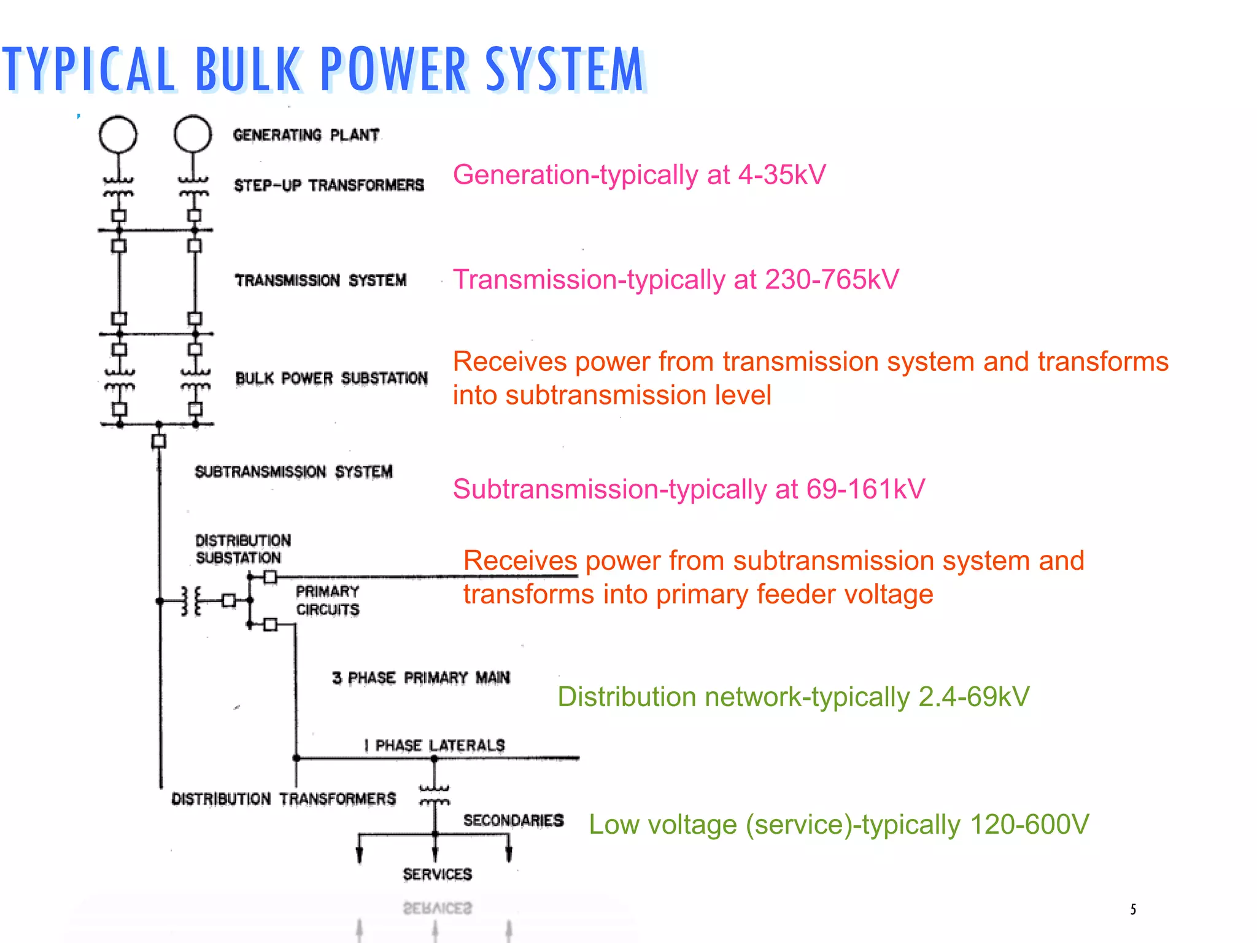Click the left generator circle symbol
pos(118,134)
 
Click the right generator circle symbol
pos(193,134)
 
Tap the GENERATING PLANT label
pos(306,135)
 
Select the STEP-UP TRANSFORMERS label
pos(329,185)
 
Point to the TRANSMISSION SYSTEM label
pos(320,281)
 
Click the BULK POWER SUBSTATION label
pos(331,378)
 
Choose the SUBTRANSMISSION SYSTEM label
pos(293,471)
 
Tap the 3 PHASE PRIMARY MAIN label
pos(421,678)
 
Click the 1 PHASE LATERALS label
pos(435,745)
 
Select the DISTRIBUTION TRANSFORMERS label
pos(284,799)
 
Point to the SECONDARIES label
pos(513,820)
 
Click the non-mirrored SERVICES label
pos(437,874)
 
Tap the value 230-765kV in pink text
pos(832,279)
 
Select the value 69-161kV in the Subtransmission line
pos(865,489)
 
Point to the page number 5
pos(1133,909)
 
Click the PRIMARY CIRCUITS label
pos(327,600)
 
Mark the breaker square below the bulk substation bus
pos(159,441)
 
